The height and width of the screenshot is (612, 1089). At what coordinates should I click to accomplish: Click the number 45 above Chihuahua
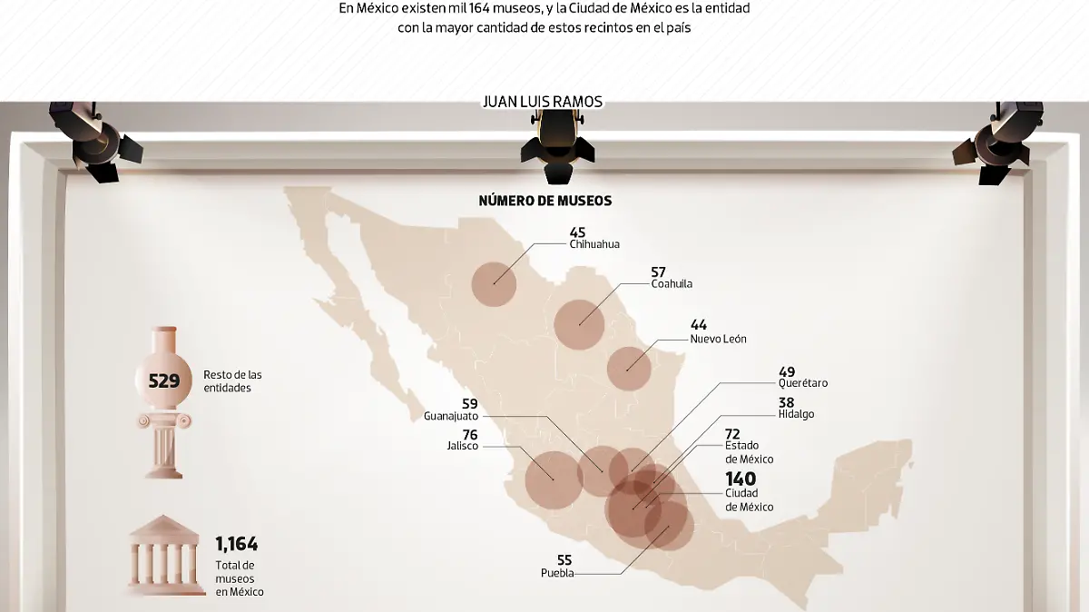(577, 232)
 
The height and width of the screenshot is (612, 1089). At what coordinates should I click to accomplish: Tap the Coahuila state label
(672, 284)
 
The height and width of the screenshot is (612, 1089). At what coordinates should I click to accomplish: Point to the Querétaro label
(803, 383)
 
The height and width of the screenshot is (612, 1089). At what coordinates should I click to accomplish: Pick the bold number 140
(740, 479)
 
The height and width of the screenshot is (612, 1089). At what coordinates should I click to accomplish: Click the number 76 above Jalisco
(469, 435)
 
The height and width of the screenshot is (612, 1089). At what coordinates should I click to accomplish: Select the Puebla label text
(557, 573)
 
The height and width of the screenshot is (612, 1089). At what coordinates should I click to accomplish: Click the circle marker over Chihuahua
(495, 282)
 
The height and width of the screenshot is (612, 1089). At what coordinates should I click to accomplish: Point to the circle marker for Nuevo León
(629, 369)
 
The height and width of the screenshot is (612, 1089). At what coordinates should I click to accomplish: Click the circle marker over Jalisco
(554, 479)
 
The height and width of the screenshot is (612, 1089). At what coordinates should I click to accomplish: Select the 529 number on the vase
(164, 381)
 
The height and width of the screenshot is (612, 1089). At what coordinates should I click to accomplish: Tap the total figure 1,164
(236, 545)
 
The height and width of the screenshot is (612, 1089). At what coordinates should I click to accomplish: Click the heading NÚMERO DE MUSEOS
(544, 201)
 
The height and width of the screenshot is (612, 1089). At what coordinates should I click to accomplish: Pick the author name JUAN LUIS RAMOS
(544, 102)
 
